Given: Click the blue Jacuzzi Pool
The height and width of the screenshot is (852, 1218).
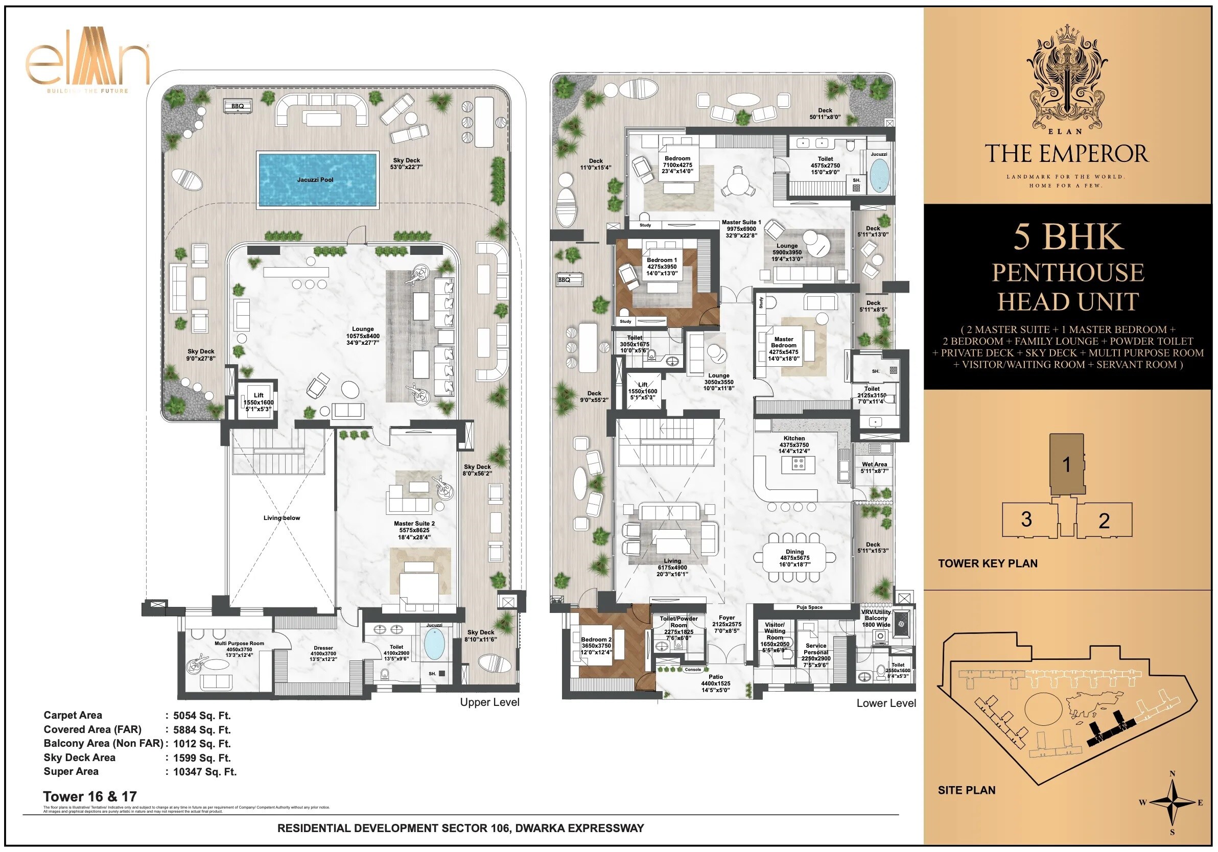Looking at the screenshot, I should click(x=317, y=179).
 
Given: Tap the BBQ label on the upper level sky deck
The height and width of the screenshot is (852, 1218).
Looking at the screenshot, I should click(x=237, y=106).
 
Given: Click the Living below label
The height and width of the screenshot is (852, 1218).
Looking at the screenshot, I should click(x=282, y=518).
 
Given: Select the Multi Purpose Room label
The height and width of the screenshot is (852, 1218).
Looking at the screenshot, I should click(x=239, y=644).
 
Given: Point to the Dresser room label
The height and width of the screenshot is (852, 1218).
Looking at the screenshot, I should click(x=323, y=648).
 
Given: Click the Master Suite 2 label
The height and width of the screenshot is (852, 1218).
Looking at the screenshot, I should click(x=414, y=524).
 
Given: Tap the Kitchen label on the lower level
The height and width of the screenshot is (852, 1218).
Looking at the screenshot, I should click(x=793, y=438).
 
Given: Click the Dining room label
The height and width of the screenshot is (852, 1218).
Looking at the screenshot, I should click(x=794, y=552).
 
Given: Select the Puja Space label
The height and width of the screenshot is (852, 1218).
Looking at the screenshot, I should click(x=809, y=607).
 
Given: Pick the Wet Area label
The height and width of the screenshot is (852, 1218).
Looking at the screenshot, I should click(x=874, y=464).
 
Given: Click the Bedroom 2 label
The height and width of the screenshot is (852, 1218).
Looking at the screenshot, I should click(x=596, y=640).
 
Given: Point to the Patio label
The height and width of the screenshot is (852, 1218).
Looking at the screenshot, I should click(x=716, y=677).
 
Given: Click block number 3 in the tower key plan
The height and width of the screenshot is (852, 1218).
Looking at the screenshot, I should click(x=1026, y=519).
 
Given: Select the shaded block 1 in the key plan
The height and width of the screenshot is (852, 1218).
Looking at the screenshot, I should click(x=1066, y=465).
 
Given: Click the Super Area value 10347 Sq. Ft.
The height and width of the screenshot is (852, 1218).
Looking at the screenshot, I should click(x=205, y=772).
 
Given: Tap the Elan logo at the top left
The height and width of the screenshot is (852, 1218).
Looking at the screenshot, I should click(x=87, y=66).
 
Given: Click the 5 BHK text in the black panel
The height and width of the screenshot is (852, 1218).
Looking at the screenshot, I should click(x=1068, y=236).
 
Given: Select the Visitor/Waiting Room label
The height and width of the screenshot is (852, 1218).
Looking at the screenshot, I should click(x=775, y=631).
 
